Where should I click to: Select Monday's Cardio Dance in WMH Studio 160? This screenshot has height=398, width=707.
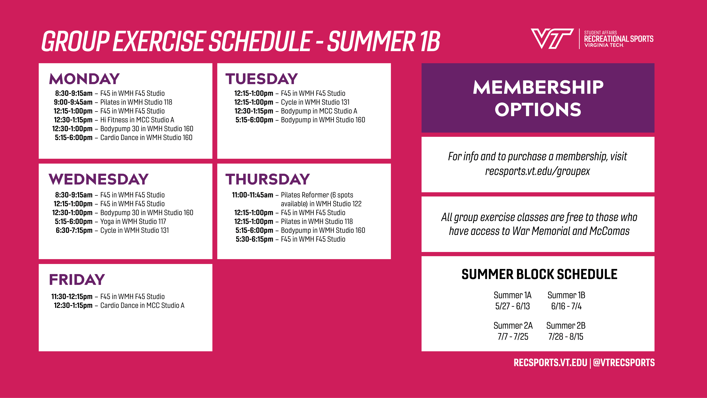click(x=146, y=138)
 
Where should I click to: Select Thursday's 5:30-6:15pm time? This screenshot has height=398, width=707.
click(x=254, y=239)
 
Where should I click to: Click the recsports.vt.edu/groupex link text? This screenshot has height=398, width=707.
click(x=537, y=171)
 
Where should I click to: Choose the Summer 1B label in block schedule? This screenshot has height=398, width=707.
click(x=566, y=295)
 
